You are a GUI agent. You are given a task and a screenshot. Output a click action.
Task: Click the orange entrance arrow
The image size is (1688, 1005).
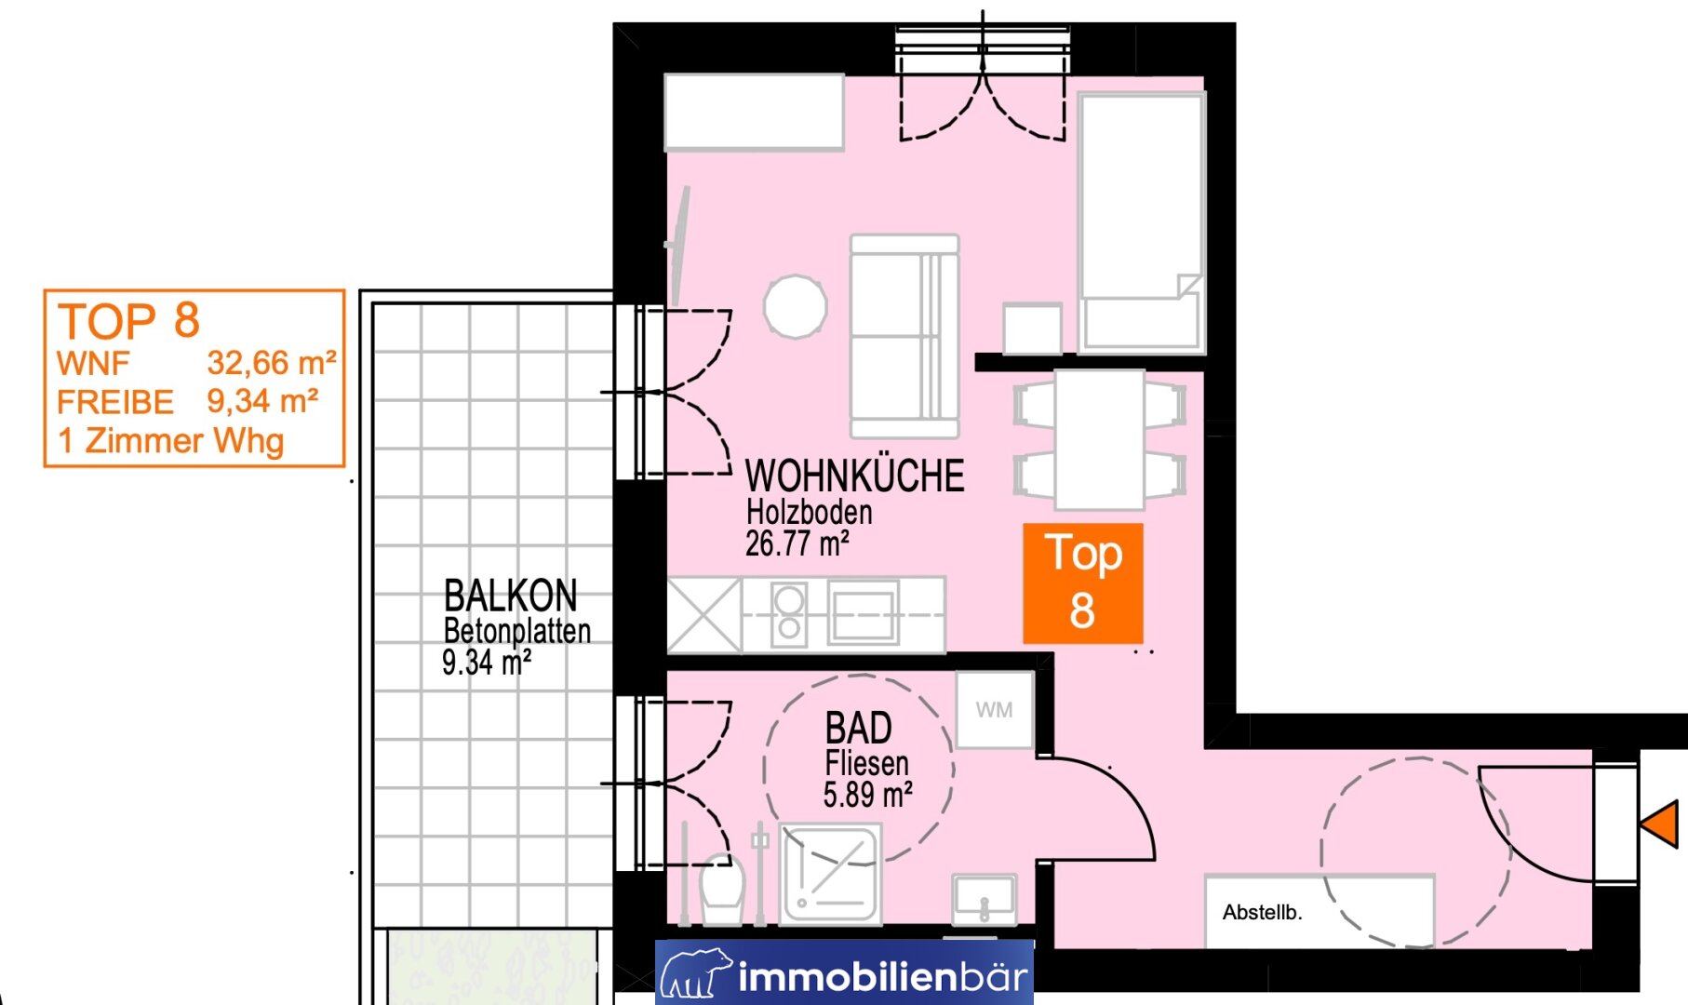(x=1662, y=824)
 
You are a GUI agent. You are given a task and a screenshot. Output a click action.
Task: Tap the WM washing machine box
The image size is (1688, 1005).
(x=995, y=710)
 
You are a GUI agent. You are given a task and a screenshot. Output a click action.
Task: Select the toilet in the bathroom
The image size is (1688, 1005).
(x=722, y=889)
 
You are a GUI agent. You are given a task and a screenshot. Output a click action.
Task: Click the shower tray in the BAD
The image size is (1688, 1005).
(x=830, y=875)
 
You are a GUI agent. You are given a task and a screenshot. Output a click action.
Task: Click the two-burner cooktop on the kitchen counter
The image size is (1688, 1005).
(x=789, y=613)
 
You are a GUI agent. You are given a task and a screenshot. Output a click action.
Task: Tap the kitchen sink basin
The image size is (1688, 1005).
(x=864, y=613)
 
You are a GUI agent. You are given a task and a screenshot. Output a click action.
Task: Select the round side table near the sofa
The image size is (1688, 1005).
(x=796, y=306)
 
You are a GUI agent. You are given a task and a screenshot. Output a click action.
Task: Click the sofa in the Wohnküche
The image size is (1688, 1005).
(x=904, y=336)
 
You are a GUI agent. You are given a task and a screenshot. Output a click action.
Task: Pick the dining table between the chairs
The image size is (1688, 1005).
(x=1100, y=439)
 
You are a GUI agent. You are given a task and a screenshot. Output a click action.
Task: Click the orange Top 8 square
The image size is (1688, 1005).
(x=1083, y=583)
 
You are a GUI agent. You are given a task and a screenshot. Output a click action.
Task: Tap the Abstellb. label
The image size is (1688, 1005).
(x=1262, y=913)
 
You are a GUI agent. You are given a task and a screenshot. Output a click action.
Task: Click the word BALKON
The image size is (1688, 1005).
(x=510, y=596)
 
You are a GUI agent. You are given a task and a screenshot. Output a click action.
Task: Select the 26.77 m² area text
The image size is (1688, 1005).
(x=797, y=543)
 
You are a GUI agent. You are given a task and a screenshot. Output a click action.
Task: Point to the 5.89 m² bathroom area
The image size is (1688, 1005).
(x=867, y=796)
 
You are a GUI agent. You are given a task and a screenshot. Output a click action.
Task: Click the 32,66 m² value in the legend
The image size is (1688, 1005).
(x=272, y=363)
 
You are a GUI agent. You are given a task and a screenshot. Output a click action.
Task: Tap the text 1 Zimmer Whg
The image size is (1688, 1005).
(x=170, y=441)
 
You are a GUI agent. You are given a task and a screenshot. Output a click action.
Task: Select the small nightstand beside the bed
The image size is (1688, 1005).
(x=1033, y=328)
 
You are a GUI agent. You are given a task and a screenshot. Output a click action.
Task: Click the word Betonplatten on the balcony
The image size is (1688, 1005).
(x=517, y=631)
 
